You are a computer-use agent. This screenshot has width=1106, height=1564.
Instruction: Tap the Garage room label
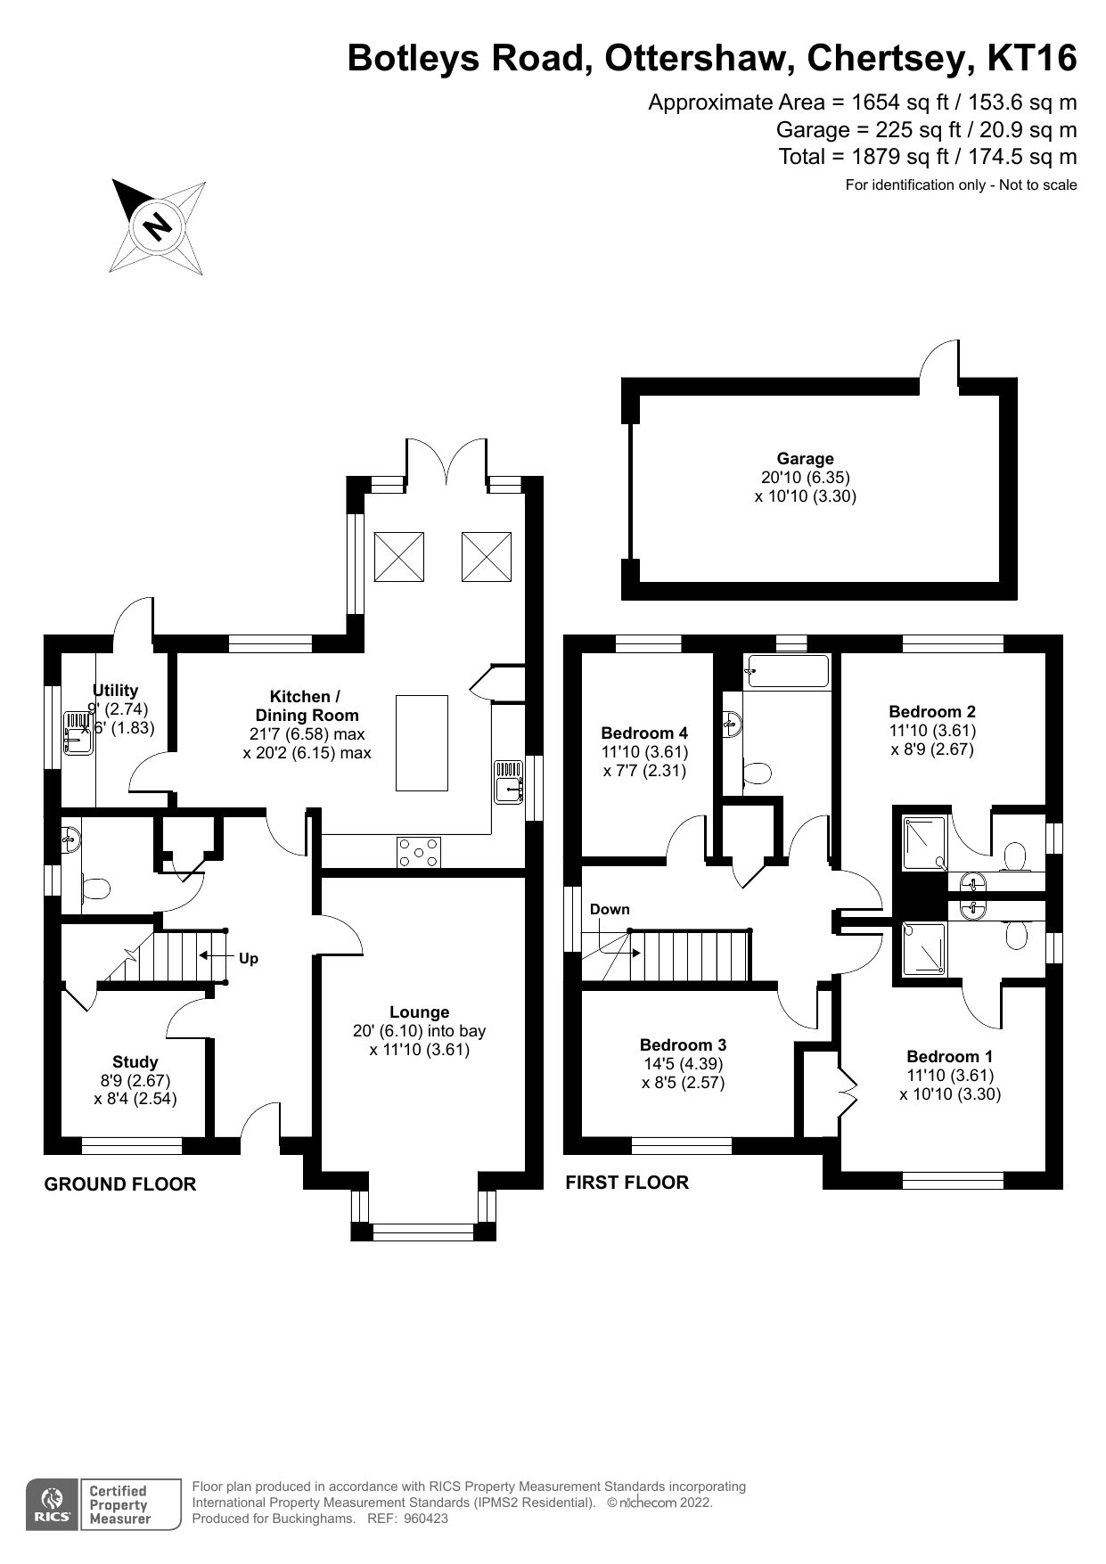click(805, 459)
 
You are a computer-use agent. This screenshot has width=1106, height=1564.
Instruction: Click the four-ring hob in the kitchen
click(419, 852)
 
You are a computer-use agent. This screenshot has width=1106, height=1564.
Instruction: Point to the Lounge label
click(419, 1012)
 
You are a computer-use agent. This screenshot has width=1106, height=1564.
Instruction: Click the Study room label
click(135, 1061)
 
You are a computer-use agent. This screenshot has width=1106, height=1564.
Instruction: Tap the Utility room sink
click(78, 733)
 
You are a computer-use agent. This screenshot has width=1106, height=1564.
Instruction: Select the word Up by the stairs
click(249, 958)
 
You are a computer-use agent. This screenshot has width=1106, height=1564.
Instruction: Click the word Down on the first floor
click(610, 909)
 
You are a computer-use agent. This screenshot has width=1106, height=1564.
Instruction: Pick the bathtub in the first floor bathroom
click(788, 671)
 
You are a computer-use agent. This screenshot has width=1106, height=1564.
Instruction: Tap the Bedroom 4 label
click(644, 733)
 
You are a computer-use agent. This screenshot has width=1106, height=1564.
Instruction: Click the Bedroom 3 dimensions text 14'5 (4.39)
click(683, 1064)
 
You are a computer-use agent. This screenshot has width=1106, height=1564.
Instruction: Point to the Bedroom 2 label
click(932, 711)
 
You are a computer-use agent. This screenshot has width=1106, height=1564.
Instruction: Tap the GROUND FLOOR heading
click(120, 1184)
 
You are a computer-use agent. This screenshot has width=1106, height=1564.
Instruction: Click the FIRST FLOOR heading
click(627, 1183)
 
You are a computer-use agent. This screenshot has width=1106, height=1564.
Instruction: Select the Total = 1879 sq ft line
click(927, 157)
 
